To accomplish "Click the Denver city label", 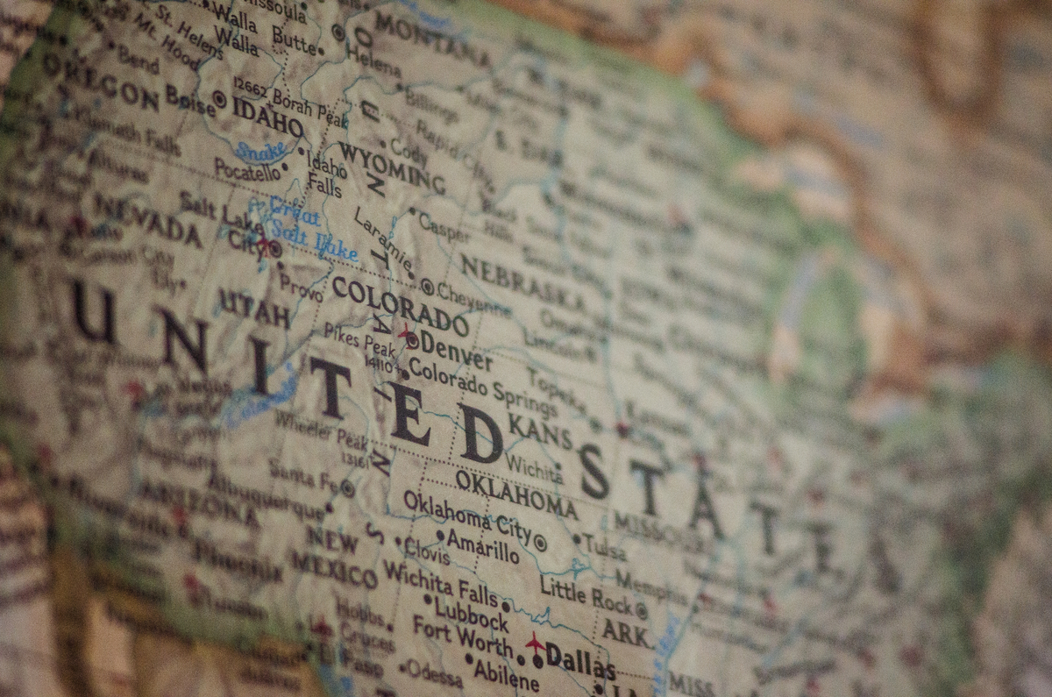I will pyautogui.click(x=455, y=352).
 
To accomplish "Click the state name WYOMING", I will pyautogui.click(x=391, y=167).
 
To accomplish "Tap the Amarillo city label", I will pyautogui.click(x=482, y=545).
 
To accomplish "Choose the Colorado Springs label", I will pyautogui.click(x=481, y=387).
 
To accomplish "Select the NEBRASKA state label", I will pyautogui.click(x=523, y=283).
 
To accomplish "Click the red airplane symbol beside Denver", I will pyautogui.click(x=407, y=333).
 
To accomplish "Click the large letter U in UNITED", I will pyautogui.click(x=94, y=312).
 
